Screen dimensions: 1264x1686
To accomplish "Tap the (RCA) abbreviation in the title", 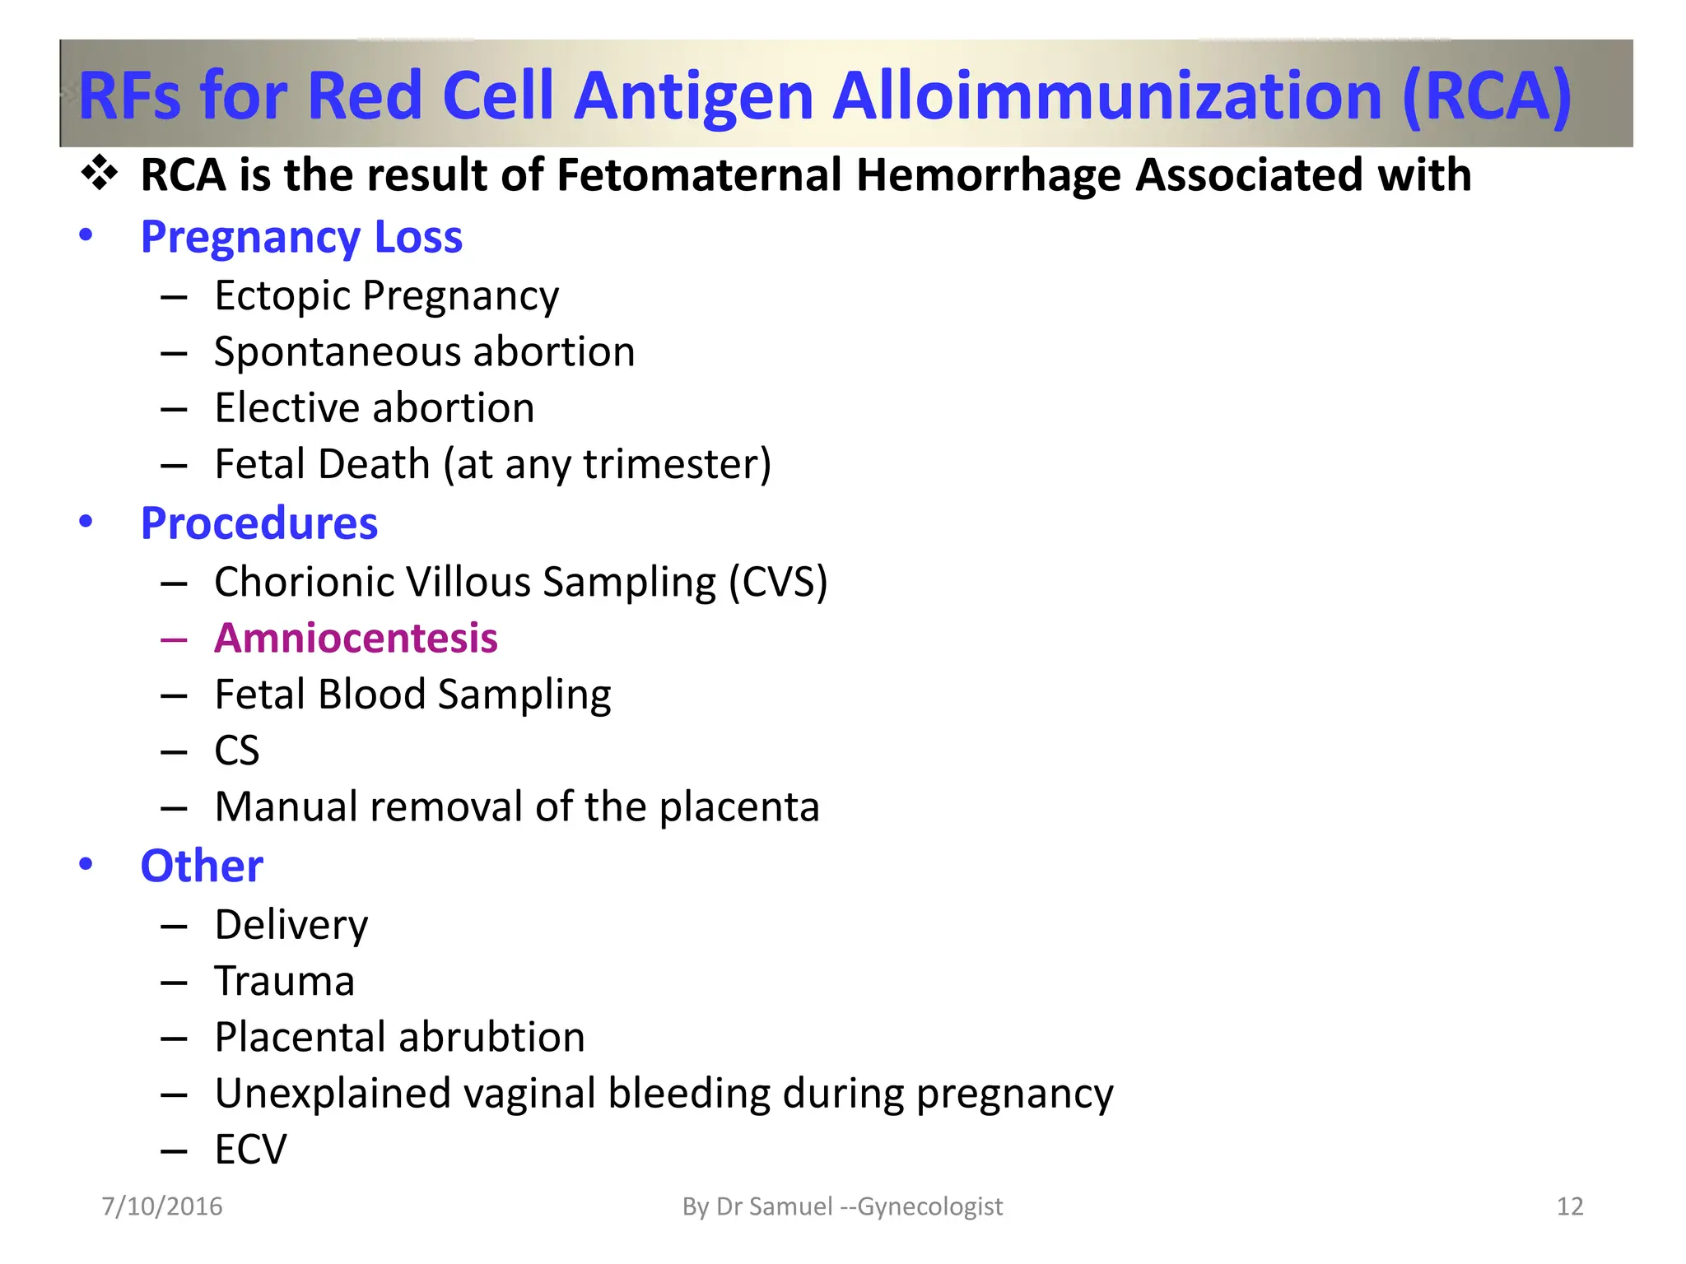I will click(1487, 96).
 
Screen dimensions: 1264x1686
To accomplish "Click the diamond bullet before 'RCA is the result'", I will click(100, 174).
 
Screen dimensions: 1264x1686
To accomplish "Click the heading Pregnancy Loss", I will click(301, 237).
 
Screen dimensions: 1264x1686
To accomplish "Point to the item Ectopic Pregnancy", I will click(386, 295).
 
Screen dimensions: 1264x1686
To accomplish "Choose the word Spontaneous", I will click(337, 352).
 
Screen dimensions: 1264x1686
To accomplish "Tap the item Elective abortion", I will click(374, 408).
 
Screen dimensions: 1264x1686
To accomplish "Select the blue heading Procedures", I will click(259, 523).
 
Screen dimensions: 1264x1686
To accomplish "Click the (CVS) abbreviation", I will click(778, 582).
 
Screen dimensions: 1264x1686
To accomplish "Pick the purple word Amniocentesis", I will click(356, 638).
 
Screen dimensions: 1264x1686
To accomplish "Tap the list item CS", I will click(236, 750).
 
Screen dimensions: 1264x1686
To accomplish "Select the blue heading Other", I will click(202, 866).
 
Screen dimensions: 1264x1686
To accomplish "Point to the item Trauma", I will click(284, 981).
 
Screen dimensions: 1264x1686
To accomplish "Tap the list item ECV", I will click(250, 1150).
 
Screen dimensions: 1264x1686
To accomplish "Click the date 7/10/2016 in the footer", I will click(162, 1206).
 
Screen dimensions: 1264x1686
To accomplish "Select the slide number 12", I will click(1570, 1206).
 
